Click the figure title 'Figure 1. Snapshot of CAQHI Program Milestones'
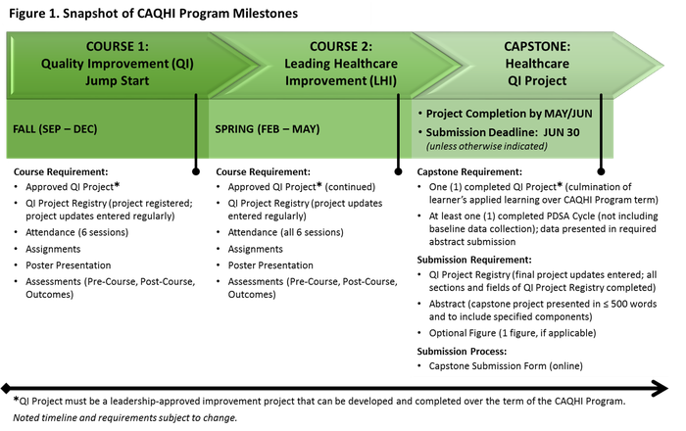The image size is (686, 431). (x=153, y=14)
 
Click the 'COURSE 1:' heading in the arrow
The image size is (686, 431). (x=118, y=46)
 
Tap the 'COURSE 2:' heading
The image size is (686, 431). (x=341, y=46)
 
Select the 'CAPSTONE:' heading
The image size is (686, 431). (x=537, y=46)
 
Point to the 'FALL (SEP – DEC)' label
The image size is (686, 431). (x=55, y=129)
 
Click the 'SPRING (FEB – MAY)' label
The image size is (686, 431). (x=268, y=129)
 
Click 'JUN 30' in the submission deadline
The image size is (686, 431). (x=562, y=132)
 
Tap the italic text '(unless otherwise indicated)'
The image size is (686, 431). (x=487, y=146)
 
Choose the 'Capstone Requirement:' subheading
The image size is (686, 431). (x=469, y=171)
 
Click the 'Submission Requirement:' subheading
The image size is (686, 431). (x=474, y=260)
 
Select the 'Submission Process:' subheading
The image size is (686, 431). (x=462, y=351)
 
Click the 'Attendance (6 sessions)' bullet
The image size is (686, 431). (x=77, y=232)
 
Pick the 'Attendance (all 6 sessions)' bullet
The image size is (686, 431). (x=286, y=232)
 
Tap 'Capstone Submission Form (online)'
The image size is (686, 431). (x=506, y=366)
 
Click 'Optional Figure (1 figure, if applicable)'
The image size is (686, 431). (x=513, y=333)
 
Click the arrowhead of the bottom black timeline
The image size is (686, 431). (x=660, y=388)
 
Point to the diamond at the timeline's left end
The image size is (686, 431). (x=6, y=388)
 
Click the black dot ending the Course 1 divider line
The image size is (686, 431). (x=196, y=171)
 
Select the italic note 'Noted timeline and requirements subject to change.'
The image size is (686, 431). (x=125, y=418)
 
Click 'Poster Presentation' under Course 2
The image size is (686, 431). (x=270, y=265)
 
